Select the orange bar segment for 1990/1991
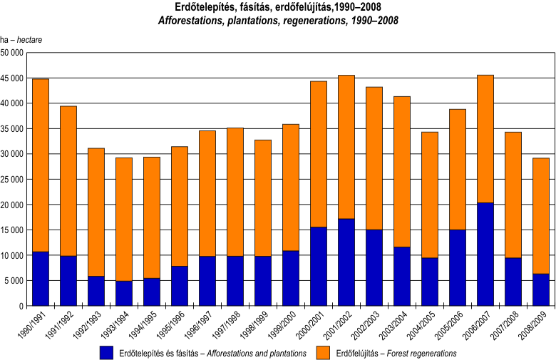pyautogui.click(x=41, y=165)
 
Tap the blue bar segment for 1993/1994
pyautogui.click(x=124, y=293)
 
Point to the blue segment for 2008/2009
pyautogui.click(x=541, y=289)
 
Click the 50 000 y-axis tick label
pyautogui.click(x=12, y=53)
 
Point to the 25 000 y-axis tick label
pyautogui.click(x=12, y=180)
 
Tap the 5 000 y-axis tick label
pyautogui.click(x=14, y=281)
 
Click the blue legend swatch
pyautogui.click(x=107, y=352)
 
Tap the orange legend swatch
pyautogui.click(x=324, y=352)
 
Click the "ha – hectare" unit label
pyautogui.click(x=21, y=39)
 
